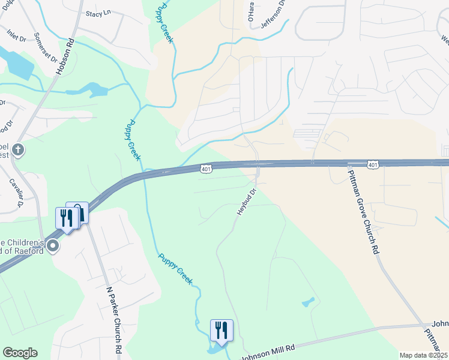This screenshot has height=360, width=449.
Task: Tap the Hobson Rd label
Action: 65,58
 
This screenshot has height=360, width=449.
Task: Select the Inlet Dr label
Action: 17,35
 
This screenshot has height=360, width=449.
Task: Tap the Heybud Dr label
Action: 246,202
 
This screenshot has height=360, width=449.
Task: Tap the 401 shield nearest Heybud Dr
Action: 206,170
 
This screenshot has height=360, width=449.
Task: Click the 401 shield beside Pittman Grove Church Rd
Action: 373,163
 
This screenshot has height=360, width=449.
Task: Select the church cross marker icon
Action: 18,149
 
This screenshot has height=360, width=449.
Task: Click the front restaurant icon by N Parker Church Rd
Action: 67,218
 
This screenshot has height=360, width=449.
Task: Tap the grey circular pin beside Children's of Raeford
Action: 53,245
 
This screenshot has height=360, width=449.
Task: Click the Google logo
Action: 20,353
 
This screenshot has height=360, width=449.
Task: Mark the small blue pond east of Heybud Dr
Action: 308,302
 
